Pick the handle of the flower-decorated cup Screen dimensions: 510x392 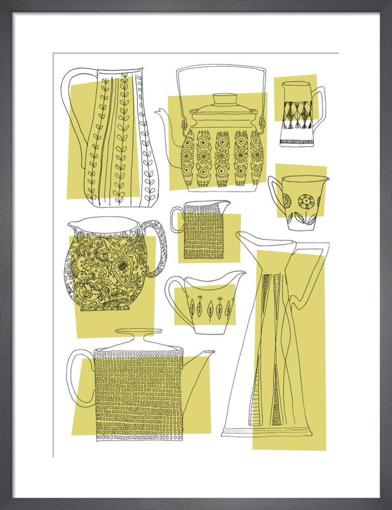point(274,196)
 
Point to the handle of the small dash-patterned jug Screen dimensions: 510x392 point(175,219)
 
